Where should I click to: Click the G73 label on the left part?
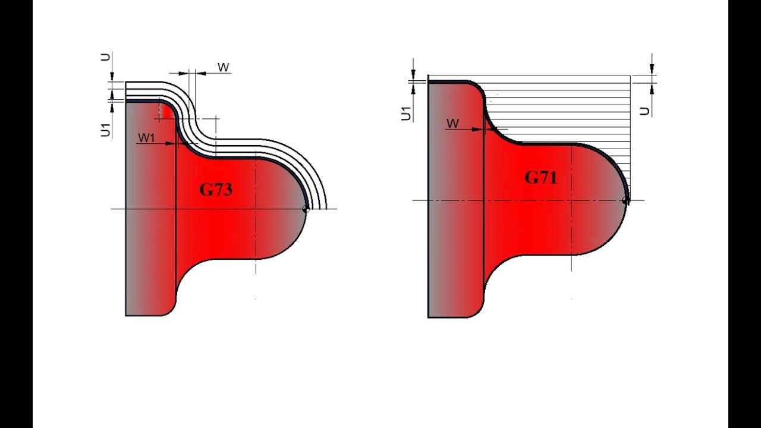click(215, 190)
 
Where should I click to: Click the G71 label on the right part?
click(540, 177)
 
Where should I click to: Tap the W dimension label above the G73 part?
click(223, 67)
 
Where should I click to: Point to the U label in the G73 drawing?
click(105, 57)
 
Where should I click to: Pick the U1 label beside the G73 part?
click(105, 129)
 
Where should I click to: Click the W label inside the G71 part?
click(452, 123)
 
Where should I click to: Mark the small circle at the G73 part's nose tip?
click(306, 209)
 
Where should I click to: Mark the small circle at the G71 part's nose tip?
click(626, 200)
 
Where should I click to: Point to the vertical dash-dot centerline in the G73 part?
click(256, 238)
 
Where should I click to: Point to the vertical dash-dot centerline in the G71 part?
click(572, 238)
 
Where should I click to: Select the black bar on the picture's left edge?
click(16, 214)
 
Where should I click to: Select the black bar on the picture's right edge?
click(744, 214)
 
